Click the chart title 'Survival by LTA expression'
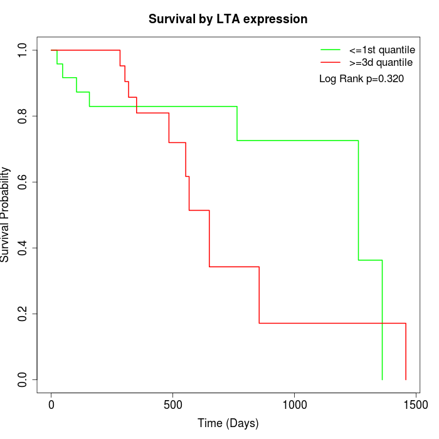(x=228, y=19)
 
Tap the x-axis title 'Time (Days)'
(x=228, y=423)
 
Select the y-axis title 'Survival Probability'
(x=6, y=214)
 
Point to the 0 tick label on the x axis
(x=51, y=405)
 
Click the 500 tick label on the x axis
(x=172, y=405)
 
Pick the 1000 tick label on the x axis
(x=294, y=405)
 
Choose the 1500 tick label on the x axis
(x=415, y=405)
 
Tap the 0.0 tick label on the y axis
(x=23, y=380)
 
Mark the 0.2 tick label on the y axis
(x=23, y=314)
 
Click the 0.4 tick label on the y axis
(x=23, y=248)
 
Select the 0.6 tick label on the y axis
(x=23, y=182)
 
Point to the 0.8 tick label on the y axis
(x=23, y=117)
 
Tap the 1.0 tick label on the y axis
(x=23, y=50)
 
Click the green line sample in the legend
(x=331, y=50)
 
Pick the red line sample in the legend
(x=331, y=63)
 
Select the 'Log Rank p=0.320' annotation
(x=361, y=79)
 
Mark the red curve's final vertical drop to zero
(x=406, y=351)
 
